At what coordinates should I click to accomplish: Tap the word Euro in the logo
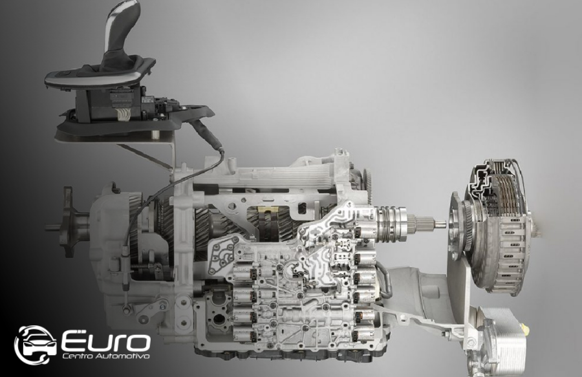coord(107,341)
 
